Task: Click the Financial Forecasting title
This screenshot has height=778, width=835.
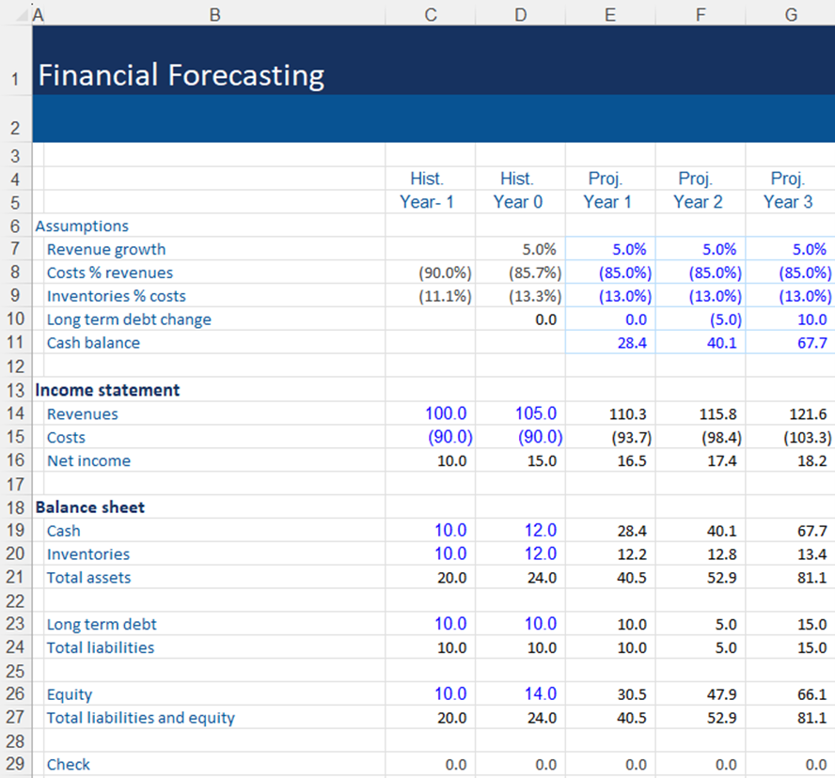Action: (x=181, y=75)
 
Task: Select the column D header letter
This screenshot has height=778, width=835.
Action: (x=520, y=13)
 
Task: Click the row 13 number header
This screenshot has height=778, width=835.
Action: (x=15, y=390)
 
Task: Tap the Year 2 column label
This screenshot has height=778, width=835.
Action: (x=698, y=202)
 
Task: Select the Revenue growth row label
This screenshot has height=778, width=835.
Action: (x=106, y=249)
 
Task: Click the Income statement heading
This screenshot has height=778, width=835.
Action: (x=107, y=390)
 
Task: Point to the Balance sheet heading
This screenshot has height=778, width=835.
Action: (x=90, y=507)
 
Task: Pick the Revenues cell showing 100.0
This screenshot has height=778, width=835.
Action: (x=446, y=413)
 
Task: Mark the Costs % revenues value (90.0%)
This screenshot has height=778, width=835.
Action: (x=445, y=273)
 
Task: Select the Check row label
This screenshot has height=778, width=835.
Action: (x=69, y=765)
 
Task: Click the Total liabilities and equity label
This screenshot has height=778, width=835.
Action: (x=141, y=718)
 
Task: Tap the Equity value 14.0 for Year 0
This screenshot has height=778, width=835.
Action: (x=536, y=694)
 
